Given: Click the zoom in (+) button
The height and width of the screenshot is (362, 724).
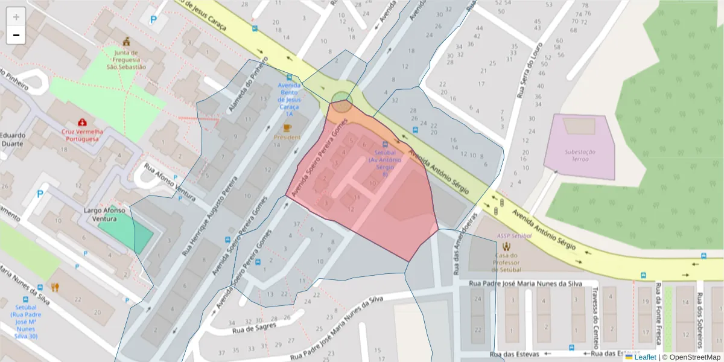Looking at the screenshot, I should coord(16,17).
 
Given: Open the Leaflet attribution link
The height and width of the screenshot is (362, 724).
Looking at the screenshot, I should coord(644,357).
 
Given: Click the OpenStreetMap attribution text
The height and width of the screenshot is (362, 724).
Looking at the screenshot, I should coord(691,357).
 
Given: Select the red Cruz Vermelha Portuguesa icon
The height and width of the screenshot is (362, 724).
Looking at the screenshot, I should coord(81,122).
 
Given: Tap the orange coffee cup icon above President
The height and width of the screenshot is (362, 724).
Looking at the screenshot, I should coord(287,128).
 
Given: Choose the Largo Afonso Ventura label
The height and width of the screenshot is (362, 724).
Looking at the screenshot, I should coord(104,214).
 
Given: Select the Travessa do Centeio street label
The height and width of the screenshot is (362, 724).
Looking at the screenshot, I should coord(594,326).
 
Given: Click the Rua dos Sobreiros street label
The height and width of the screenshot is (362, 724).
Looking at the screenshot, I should coord(700,320).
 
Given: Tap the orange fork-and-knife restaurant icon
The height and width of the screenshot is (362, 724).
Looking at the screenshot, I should coord(55,287).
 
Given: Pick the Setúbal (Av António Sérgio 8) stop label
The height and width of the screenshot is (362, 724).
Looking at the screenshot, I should coord(385,159).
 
